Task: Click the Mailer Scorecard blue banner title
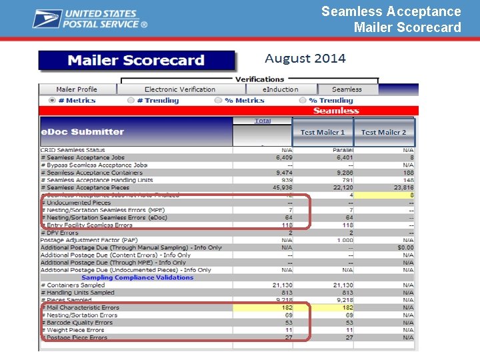[136, 61]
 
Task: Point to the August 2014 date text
[305, 59]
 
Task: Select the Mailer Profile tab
[77, 89]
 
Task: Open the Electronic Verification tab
[180, 89]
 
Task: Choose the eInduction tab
[280, 89]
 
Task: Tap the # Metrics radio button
[52, 101]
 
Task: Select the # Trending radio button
[131, 101]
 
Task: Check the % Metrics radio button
[218, 101]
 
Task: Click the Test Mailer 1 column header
[323, 132]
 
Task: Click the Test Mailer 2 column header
[383, 132]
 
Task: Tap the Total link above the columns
[263, 121]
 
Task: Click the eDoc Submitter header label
[83, 132]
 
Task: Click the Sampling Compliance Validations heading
[137, 278]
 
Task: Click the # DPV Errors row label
[59, 233]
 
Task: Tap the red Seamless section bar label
[336, 111]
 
